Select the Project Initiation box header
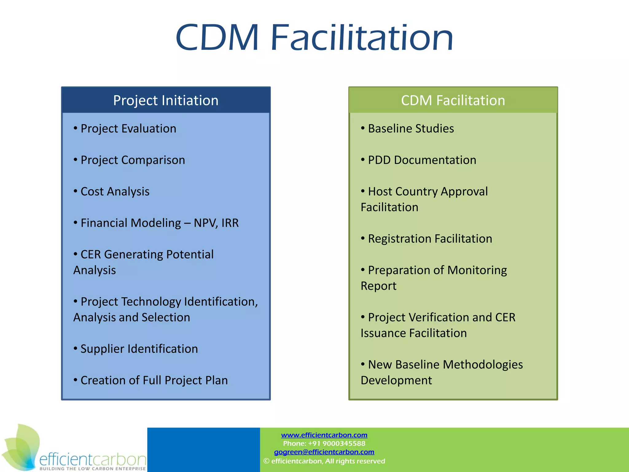(166, 100)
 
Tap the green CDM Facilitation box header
(453, 100)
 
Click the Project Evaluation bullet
(128, 128)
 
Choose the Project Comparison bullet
(133, 160)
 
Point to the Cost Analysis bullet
(115, 191)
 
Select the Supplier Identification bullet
(139, 349)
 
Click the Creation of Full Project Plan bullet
(154, 380)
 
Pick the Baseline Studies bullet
(411, 128)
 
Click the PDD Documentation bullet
(422, 160)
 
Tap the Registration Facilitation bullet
(430, 239)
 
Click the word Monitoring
(477, 270)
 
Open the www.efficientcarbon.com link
(324, 435)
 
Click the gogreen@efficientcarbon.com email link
(324, 452)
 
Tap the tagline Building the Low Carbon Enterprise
(92, 469)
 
